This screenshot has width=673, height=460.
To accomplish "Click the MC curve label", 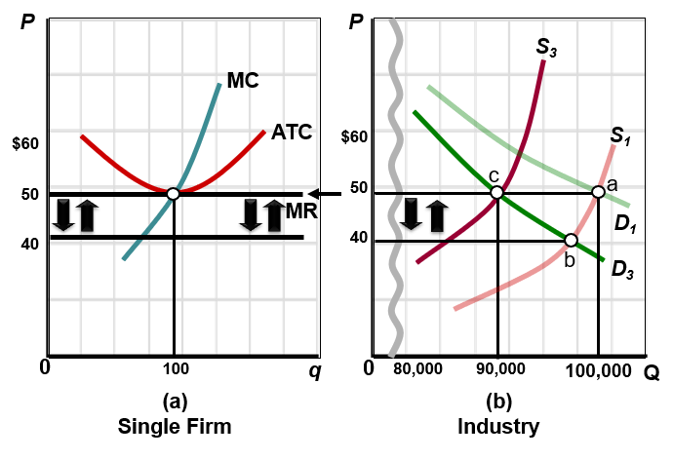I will (243, 80).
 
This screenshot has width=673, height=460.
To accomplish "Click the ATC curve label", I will (292, 132).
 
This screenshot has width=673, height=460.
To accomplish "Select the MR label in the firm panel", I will (297, 210).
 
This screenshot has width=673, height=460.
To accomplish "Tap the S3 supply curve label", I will (546, 46).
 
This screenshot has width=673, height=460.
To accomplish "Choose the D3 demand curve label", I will (624, 269).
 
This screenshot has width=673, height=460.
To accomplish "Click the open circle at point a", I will (598, 192).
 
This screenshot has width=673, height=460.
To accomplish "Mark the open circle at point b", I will (571, 240).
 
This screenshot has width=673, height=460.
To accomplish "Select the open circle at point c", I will (496, 193).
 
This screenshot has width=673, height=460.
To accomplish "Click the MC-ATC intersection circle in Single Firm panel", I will (173, 194).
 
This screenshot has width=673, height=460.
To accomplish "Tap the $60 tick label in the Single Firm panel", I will (25, 144).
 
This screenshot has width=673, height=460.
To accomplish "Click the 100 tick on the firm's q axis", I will (176, 368).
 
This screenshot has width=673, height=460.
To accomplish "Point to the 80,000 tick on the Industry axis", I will (418, 370).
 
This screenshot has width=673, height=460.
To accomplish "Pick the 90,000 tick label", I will (499, 370).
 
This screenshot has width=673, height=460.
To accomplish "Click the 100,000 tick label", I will (597, 370).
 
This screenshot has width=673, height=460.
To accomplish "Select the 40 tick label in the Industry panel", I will (361, 238).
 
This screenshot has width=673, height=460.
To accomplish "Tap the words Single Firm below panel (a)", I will (175, 427).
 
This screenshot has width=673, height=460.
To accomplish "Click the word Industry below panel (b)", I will (497, 427).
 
